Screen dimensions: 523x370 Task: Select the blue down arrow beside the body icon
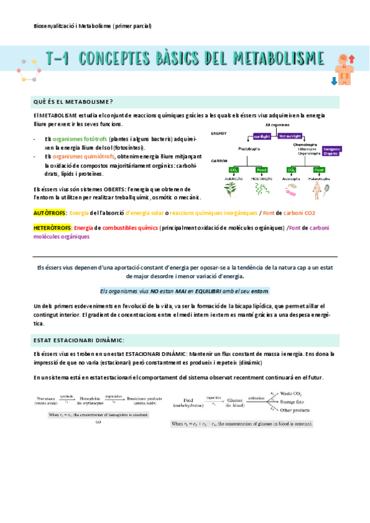click(x=334, y=80)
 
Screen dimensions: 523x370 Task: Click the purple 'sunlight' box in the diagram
click(x=263, y=136)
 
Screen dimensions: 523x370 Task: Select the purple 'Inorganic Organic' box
click(x=332, y=150)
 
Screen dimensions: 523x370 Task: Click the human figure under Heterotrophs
click(x=319, y=188)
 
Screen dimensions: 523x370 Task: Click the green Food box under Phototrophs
click(x=262, y=170)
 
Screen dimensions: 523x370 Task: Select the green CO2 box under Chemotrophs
click(x=291, y=170)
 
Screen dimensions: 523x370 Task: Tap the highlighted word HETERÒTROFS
click(x=53, y=228)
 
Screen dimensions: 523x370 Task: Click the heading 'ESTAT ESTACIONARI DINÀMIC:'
click(x=78, y=340)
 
